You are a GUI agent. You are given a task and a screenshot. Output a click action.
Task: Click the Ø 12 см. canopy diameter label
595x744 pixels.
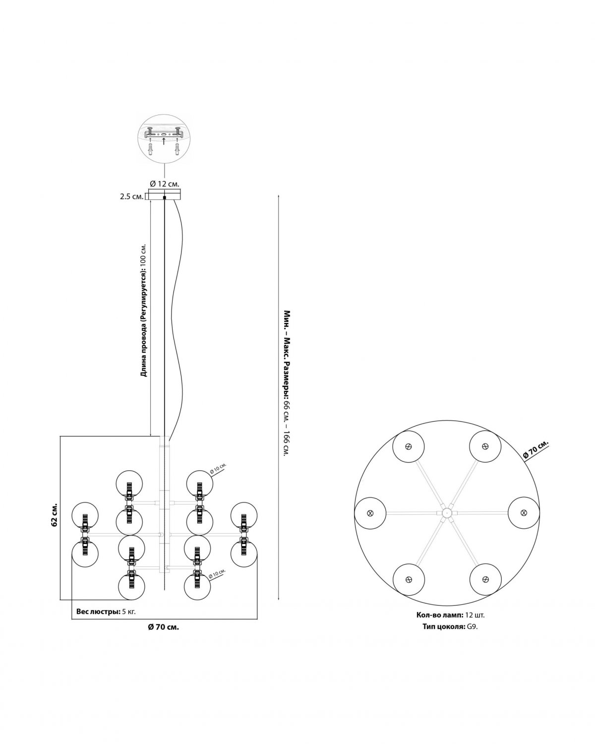point(164,184)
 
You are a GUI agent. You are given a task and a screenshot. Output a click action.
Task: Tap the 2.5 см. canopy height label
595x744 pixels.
point(131,197)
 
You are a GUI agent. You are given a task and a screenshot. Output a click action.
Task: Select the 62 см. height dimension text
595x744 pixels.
point(54,517)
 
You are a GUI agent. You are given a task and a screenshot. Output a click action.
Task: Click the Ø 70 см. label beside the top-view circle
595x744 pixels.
point(535,450)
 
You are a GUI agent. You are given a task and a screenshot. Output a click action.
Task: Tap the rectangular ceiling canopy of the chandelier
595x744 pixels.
point(165,194)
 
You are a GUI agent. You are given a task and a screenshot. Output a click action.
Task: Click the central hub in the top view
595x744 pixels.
point(446,512)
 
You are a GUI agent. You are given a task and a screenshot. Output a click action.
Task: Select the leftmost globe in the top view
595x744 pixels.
point(370,513)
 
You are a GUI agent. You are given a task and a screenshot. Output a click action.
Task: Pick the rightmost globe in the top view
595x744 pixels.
point(524,512)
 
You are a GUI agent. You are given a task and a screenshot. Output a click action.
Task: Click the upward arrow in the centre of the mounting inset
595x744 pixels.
point(164,141)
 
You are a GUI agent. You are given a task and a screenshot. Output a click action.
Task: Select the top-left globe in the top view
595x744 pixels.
point(408,446)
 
